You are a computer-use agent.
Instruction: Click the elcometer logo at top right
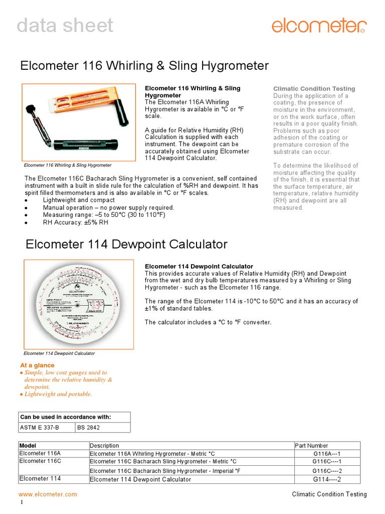point(319,25)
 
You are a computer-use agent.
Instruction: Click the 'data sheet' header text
point(65,26)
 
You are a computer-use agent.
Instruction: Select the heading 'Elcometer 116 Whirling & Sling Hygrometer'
point(144,66)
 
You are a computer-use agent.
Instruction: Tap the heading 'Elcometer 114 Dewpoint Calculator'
point(126,244)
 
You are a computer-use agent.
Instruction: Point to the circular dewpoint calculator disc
point(78,305)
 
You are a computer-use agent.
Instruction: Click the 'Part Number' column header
point(311,445)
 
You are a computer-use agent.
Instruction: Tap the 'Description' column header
point(104,445)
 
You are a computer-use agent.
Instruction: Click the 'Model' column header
point(28,445)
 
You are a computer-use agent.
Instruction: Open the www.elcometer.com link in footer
point(48,494)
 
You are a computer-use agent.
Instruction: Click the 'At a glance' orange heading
point(37,365)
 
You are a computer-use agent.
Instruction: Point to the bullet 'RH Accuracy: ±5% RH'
point(75,222)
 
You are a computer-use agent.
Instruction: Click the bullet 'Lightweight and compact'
point(79,200)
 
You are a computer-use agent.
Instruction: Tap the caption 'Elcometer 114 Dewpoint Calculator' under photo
point(59,353)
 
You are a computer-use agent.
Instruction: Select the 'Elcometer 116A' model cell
point(40,453)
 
